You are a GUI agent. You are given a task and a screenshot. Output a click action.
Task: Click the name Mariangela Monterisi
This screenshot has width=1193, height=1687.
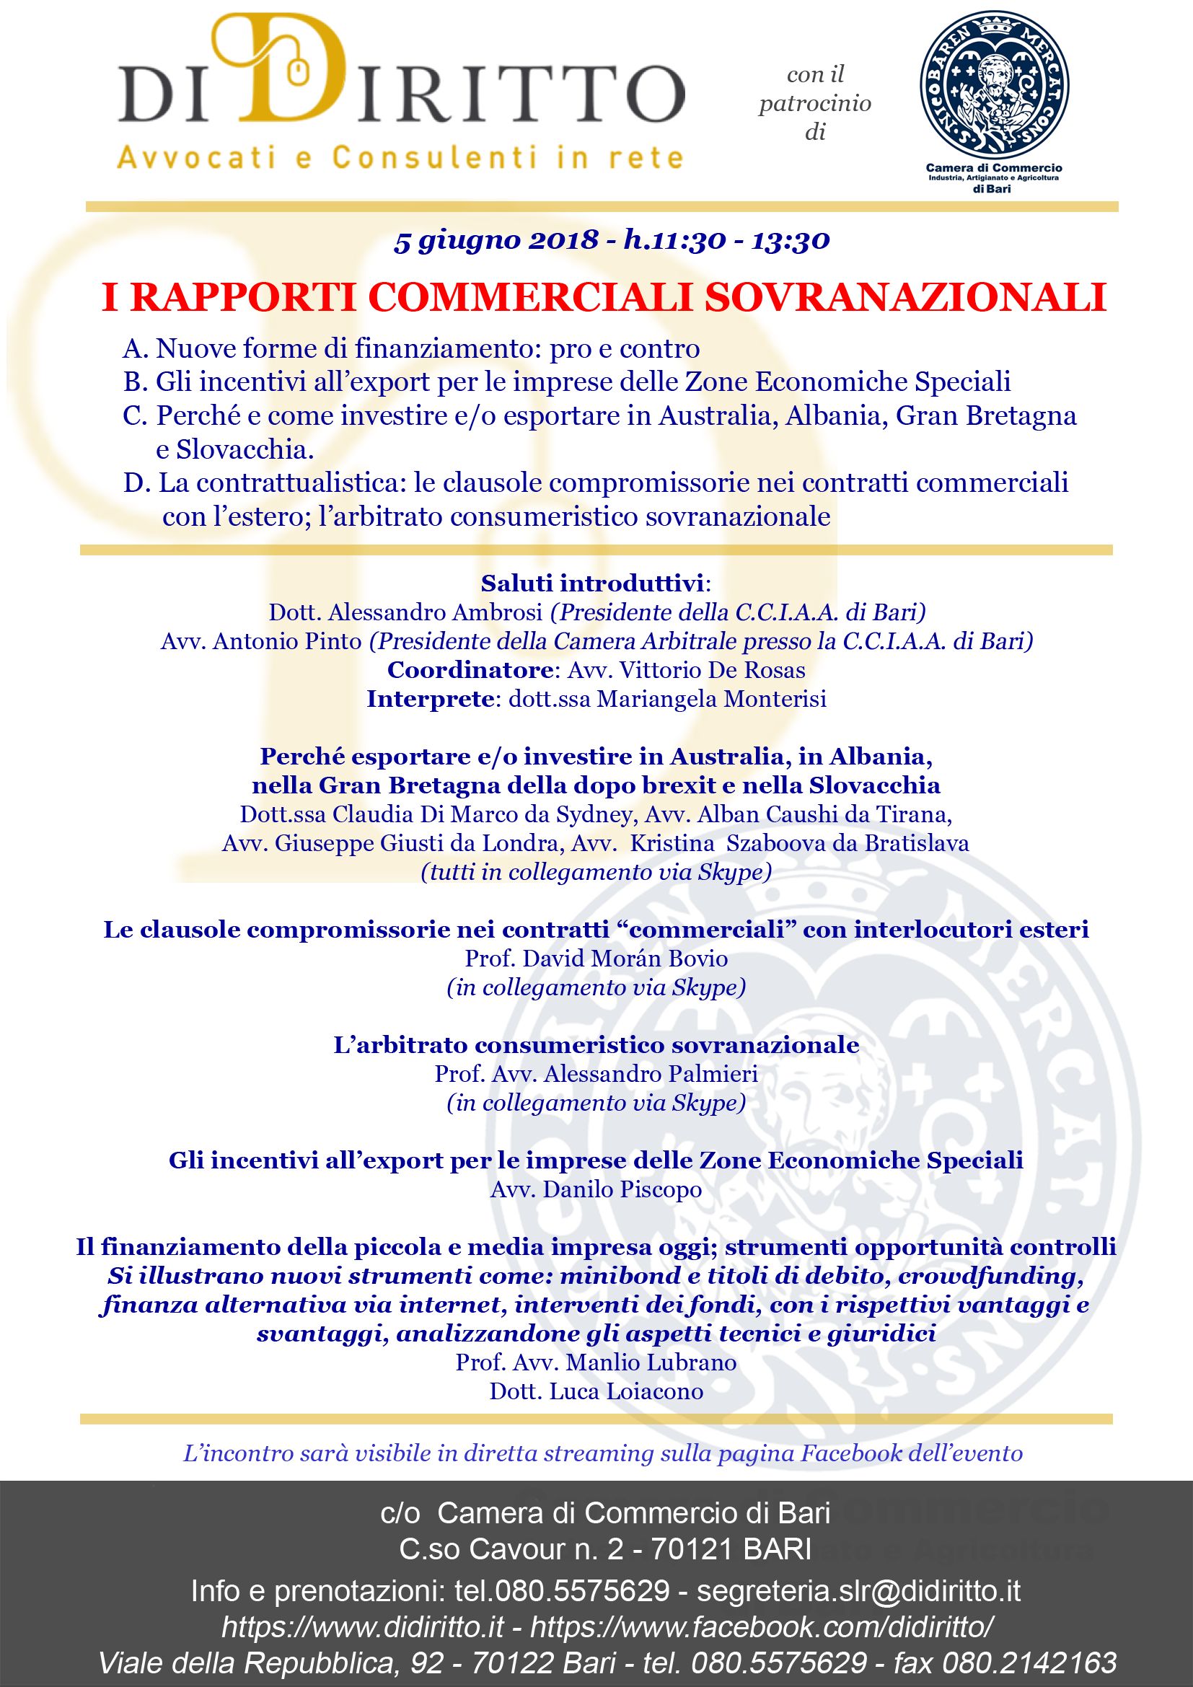712,699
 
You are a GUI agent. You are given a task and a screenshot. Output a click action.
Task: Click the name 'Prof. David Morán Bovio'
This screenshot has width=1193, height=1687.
596,958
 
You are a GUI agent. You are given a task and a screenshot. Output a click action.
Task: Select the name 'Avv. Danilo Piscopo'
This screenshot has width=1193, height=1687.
596,1189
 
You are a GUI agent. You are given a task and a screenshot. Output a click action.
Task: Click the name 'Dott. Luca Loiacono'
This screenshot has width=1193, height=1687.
596,1391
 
